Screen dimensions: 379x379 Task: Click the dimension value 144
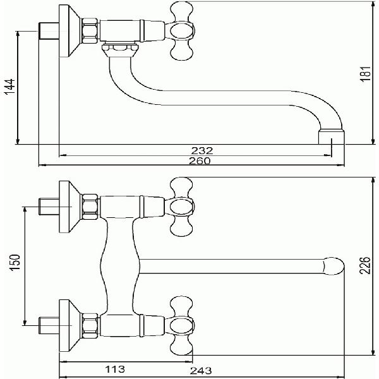pyautogui.click(x=10, y=87)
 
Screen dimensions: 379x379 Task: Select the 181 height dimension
pyautogui.click(x=366, y=73)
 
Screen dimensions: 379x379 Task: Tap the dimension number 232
pyautogui.click(x=202, y=150)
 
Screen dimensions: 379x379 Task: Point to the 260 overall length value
pyautogui.click(x=200, y=160)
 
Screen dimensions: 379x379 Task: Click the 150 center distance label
pyautogui.click(x=15, y=262)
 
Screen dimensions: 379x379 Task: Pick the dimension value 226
pyautogui.click(x=365, y=265)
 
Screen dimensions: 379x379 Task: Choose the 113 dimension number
pyautogui.click(x=115, y=369)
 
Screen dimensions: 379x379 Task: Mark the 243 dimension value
pyautogui.click(x=201, y=370)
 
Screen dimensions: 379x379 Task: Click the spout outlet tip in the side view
pyautogui.click(x=332, y=137)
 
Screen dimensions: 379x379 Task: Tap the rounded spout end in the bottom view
pyautogui.click(x=334, y=266)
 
